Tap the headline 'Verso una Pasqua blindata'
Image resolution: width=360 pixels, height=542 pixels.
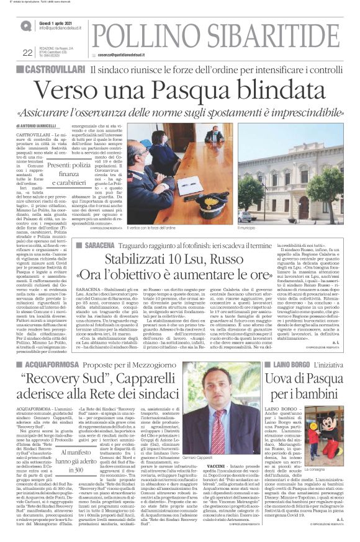(179, 92)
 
